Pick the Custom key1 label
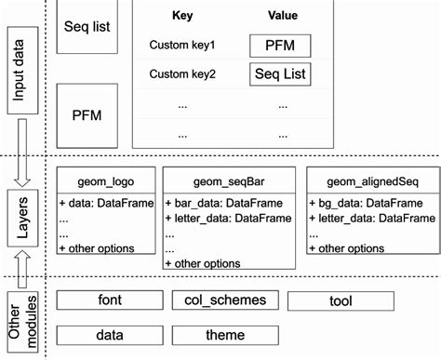tap(182, 45)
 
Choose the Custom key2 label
tap(182, 73)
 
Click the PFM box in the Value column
tap(280, 45)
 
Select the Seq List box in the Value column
tap(280, 73)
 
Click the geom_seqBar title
tap(229, 181)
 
